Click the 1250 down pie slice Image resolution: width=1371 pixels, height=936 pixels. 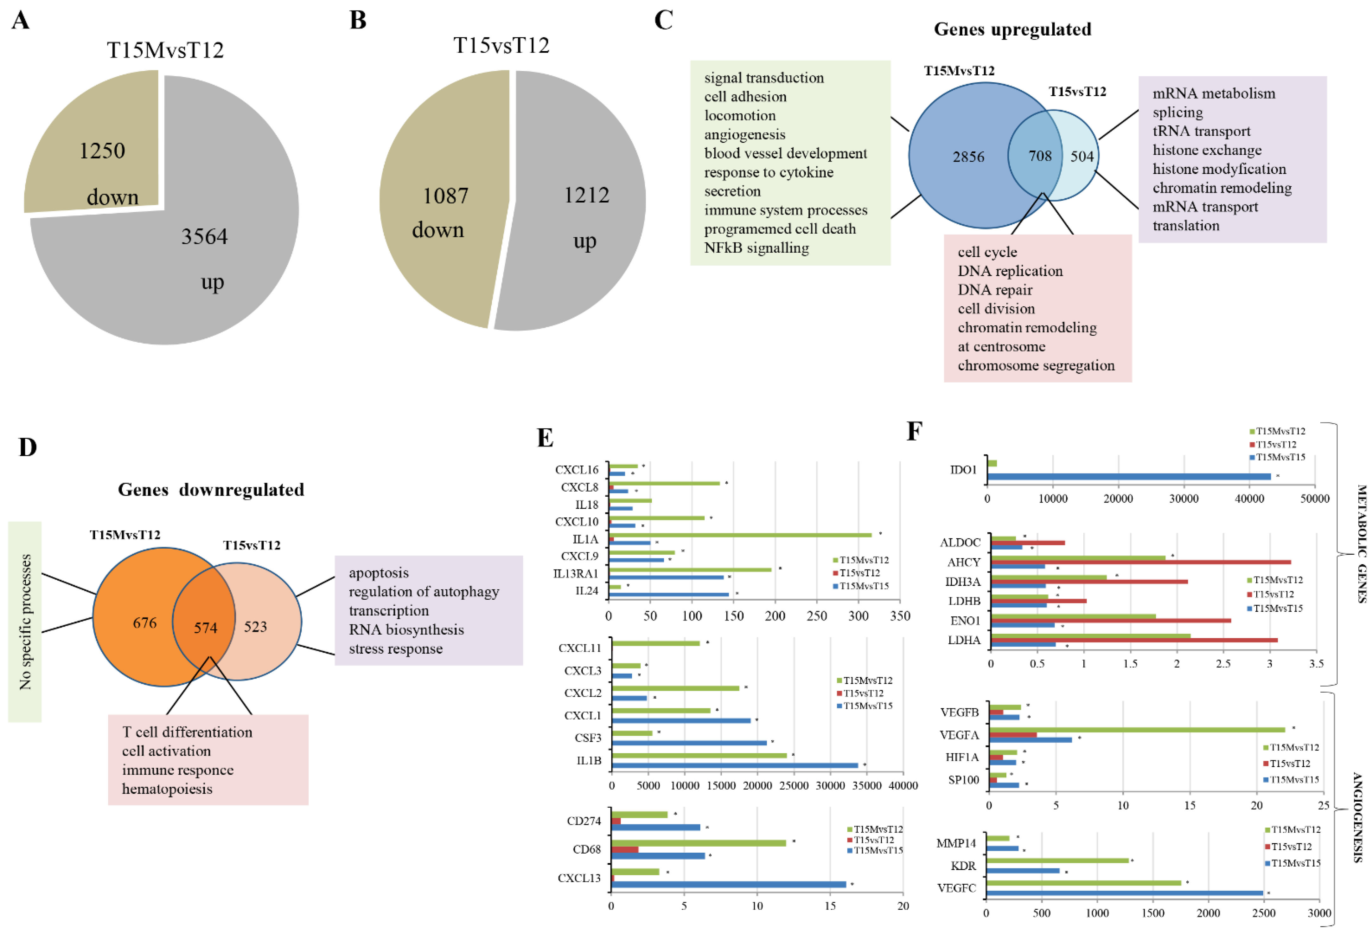(x=94, y=147)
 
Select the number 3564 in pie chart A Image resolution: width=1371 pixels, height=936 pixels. (x=204, y=237)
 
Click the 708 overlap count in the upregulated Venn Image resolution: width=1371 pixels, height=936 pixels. (x=1040, y=156)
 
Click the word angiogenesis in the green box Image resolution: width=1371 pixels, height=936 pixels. (x=744, y=135)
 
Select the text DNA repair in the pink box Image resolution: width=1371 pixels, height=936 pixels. (x=995, y=290)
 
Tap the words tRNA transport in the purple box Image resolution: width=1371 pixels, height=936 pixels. (x=1201, y=131)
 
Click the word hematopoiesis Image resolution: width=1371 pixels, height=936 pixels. (x=167, y=789)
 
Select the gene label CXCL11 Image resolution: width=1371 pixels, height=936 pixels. (x=579, y=648)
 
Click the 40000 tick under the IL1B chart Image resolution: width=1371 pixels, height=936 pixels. (x=902, y=785)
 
